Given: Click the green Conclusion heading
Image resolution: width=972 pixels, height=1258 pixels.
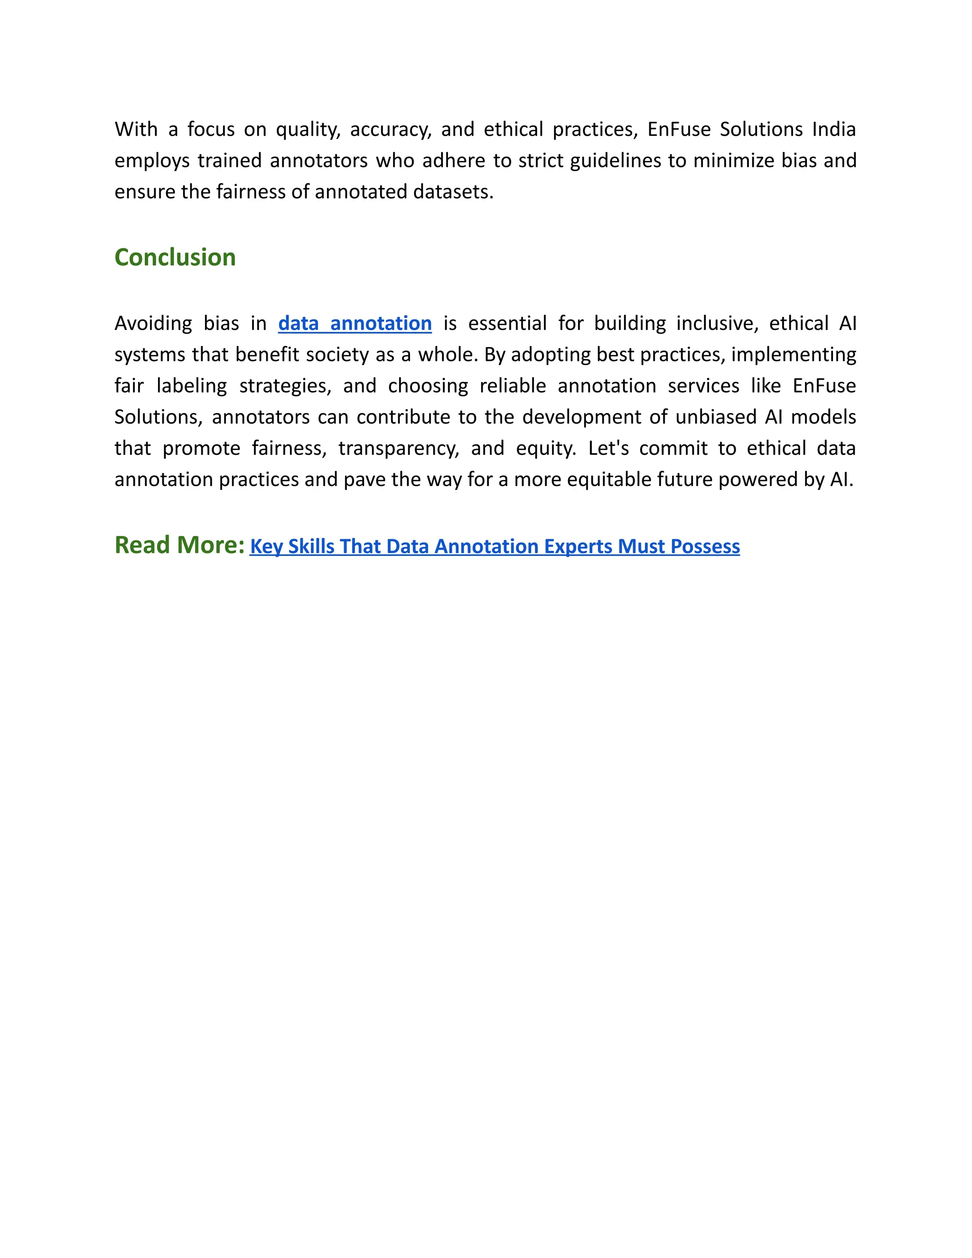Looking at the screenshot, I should click(175, 257).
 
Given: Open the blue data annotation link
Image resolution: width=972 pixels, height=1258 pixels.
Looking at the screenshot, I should click(355, 323).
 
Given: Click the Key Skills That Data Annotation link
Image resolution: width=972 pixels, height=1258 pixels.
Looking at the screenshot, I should click(494, 546).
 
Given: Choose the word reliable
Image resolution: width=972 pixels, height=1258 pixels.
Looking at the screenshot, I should click(513, 386).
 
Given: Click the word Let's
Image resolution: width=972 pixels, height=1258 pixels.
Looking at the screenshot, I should click(608, 448).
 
